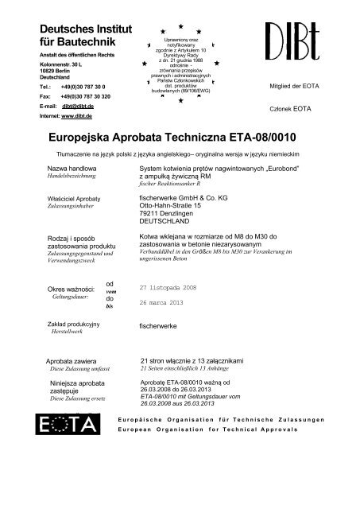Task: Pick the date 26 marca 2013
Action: click(165, 303)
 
